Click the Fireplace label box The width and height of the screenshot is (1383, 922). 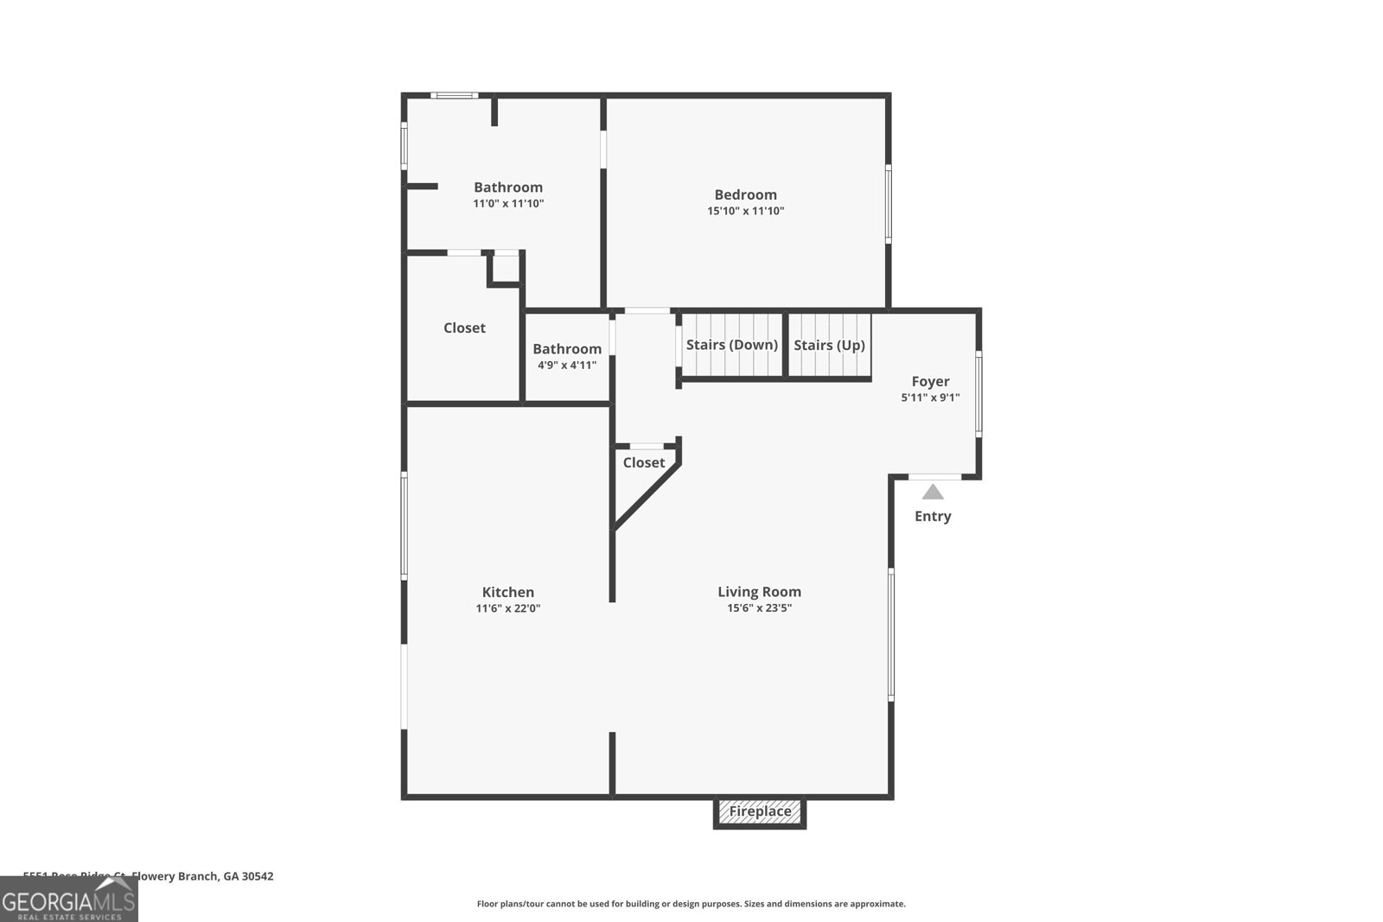760,811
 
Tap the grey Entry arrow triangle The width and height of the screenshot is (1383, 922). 933,493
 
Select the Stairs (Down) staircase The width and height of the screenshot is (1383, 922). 731,346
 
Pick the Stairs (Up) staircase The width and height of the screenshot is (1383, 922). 829,346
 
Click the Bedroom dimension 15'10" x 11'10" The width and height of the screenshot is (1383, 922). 745,211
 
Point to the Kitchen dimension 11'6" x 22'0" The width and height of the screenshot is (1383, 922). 507,608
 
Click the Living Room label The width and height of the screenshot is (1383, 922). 759,592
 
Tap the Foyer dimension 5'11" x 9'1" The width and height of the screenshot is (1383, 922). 930,397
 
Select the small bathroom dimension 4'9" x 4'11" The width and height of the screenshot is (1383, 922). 566,365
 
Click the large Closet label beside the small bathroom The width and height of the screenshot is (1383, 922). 464,328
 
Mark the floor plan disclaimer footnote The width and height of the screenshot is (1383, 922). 691,904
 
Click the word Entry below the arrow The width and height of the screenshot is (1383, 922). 933,517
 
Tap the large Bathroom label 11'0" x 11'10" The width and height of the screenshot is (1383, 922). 507,188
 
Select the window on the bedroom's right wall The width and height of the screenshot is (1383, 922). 888,204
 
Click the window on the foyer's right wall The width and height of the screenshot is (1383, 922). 978,392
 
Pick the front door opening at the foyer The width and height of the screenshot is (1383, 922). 934,476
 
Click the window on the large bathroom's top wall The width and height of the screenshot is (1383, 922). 455,95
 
